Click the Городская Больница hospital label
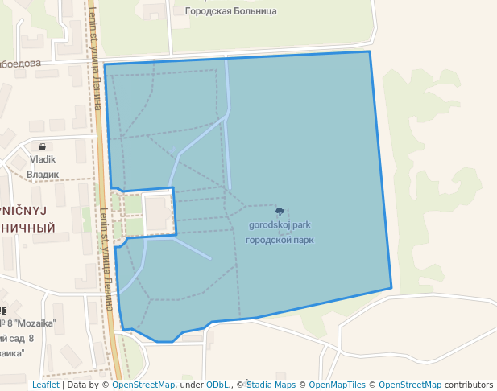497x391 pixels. click(x=230, y=11)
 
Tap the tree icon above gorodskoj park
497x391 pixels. click(x=280, y=212)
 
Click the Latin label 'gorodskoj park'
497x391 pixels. click(x=280, y=225)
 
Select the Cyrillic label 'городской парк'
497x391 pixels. click(x=280, y=240)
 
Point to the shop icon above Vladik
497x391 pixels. click(x=42, y=147)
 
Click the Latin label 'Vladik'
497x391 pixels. click(x=43, y=160)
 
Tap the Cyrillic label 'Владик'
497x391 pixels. click(x=43, y=174)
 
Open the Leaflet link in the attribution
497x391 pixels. click(x=45, y=385)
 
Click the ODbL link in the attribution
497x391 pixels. click(x=217, y=385)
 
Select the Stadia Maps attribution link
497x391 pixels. click(x=271, y=385)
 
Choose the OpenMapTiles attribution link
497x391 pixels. click(x=337, y=385)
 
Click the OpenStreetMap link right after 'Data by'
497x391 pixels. click(x=143, y=385)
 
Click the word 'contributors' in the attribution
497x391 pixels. click(x=469, y=385)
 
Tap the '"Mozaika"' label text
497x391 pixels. click(x=37, y=323)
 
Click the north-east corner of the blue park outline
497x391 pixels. click(x=370, y=51)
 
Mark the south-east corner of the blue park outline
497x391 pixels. click(x=391, y=287)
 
